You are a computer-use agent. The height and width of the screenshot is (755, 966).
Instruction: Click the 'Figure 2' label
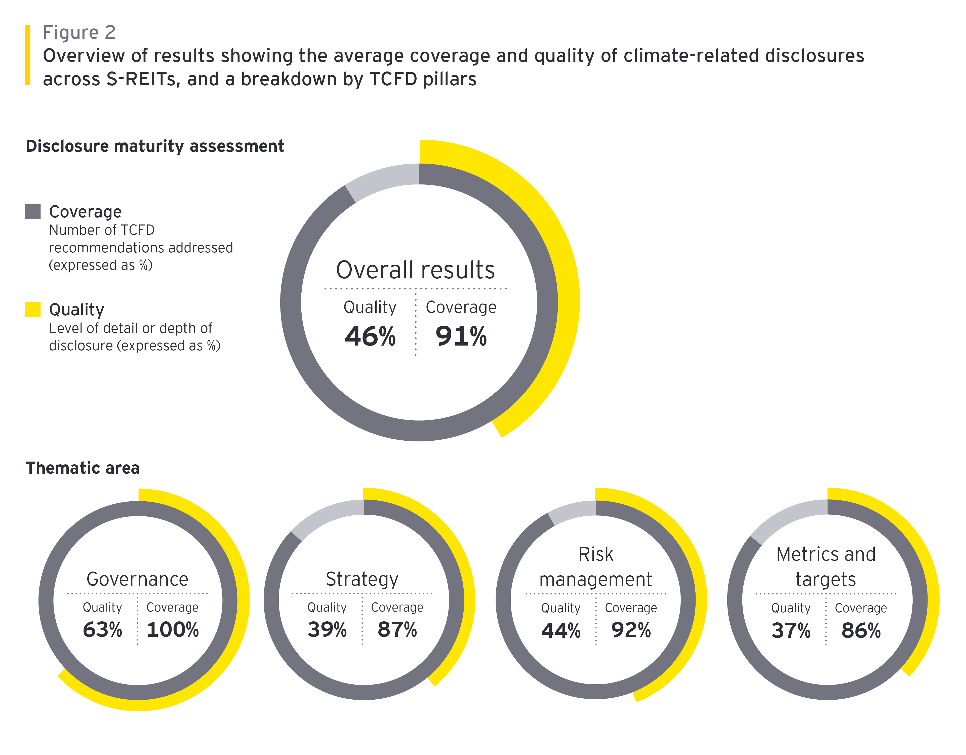pyautogui.click(x=79, y=32)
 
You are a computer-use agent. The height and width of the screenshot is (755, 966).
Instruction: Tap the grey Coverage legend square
pyautogui.click(x=33, y=212)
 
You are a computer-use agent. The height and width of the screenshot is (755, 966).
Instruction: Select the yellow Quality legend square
pyautogui.click(x=33, y=309)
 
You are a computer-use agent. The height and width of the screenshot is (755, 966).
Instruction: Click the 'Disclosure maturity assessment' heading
pyautogui.click(x=154, y=146)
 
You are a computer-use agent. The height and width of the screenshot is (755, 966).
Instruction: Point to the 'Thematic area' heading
pyautogui.click(x=83, y=468)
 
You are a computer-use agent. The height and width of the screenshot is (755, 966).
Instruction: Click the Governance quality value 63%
pyautogui.click(x=102, y=630)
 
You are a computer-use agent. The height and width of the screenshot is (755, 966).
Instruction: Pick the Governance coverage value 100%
pyautogui.click(x=173, y=630)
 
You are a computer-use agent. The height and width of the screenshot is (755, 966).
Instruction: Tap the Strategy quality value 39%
pyautogui.click(x=327, y=630)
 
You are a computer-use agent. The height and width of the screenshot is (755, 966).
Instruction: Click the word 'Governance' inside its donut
pyautogui.click(x=138, y=579)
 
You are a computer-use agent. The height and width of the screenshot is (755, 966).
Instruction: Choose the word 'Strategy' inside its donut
pyautogui.click(x=362, y=579)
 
